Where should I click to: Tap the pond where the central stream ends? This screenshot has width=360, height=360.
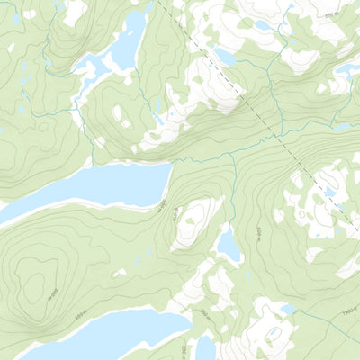pyautogui.click(x=229, y=244)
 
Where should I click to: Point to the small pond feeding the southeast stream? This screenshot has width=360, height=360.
pyautogui.click(x=287, y=310)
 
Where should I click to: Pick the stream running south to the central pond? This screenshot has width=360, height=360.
pyautogui.click(x=231, y=193)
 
